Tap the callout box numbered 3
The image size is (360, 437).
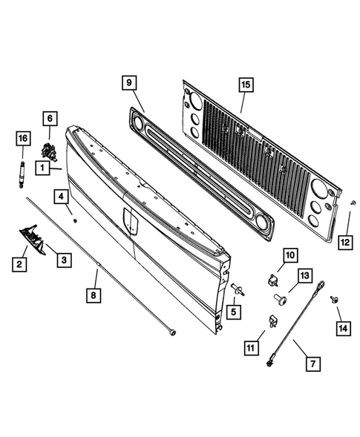[65, 259]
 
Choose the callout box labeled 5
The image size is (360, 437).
[232, 312]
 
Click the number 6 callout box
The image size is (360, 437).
[50, 118]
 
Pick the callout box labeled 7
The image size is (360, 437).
[312, 364]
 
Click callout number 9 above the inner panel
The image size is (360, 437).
[128, 84]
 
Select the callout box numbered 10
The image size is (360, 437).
[288, 256]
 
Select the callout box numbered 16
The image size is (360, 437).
[22, 138]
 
